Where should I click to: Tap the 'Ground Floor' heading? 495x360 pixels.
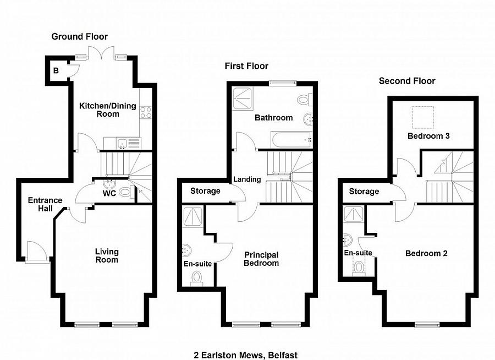point(80,37)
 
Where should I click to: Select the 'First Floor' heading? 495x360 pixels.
point(246,66)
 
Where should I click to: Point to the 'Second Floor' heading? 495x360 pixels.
point(407,81)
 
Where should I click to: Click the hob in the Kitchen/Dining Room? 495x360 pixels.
point(146,112)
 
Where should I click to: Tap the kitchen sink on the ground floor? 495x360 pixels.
point(122,144)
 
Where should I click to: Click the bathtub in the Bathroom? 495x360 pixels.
point(291,139)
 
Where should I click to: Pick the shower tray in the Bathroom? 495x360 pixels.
point(243,99)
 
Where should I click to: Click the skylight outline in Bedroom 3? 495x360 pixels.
point(423,117)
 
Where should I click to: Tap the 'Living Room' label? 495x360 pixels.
point(107,256)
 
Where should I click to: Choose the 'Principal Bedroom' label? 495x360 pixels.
point(261,259)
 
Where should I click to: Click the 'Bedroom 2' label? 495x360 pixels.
point(426,253)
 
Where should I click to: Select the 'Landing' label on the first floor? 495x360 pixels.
point(247,179)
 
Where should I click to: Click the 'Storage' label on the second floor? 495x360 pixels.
point(364,192)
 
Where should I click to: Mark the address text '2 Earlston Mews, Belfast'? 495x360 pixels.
point(246,355)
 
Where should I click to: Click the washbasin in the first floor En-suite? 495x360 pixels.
point(186,250)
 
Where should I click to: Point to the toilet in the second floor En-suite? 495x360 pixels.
point(359,268)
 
